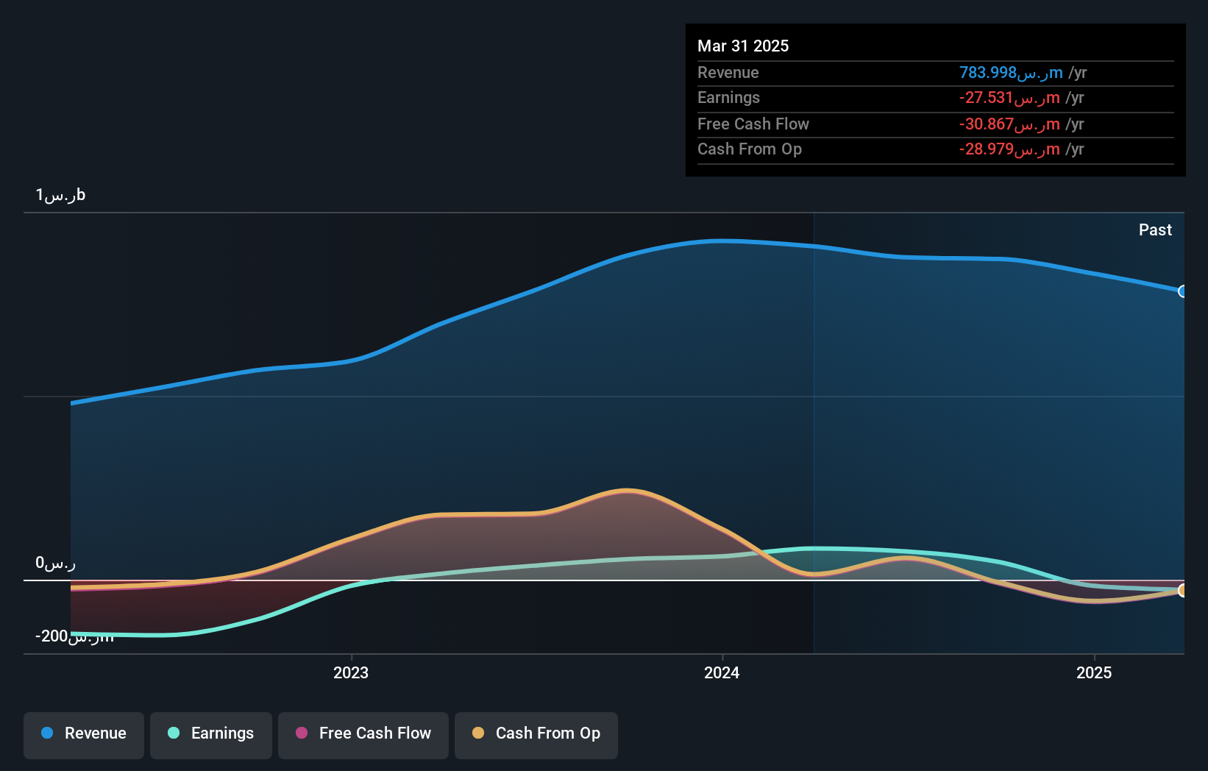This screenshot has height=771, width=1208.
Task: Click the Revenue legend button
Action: pyautogui.click(x=84, y=733)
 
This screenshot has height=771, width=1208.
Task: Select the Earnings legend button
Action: pyautogui.click(x=211, y=733)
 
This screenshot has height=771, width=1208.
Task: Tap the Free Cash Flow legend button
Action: pyautogui.click(x=363, y=733)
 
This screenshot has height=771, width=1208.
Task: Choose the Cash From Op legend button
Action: pyautogui.click(x=536, y=733)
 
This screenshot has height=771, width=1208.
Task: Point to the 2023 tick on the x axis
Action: pyautogui.click(x=351, y=672)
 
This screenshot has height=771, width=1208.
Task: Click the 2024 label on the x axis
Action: pyautogui.click(x=722, y=672)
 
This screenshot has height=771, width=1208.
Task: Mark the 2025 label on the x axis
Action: pyautogui.click(x=1094, y=672)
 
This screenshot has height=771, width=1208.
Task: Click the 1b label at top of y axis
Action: pyautogui.click(x=60, y=195)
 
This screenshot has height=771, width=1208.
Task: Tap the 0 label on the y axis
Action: pyautogui.click(x=55, y=563)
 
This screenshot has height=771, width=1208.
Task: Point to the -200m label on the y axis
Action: pyautogui.click(x=74, y=636)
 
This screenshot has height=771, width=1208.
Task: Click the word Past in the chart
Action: pyautogui.click(x=1155, y=230)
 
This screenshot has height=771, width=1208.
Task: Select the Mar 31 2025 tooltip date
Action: pyautogui.click(x=743, y=46)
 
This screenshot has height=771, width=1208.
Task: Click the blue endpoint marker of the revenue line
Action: pyautogui.click(x=1182, y=291)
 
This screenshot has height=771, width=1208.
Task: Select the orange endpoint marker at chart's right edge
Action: pyautogui.click(x=1182, y=590)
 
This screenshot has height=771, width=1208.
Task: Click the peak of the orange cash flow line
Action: pyautogui.click(x=627, y=490)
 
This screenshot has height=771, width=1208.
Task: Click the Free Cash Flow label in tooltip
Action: pyautogui.click(x=753, y=124)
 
